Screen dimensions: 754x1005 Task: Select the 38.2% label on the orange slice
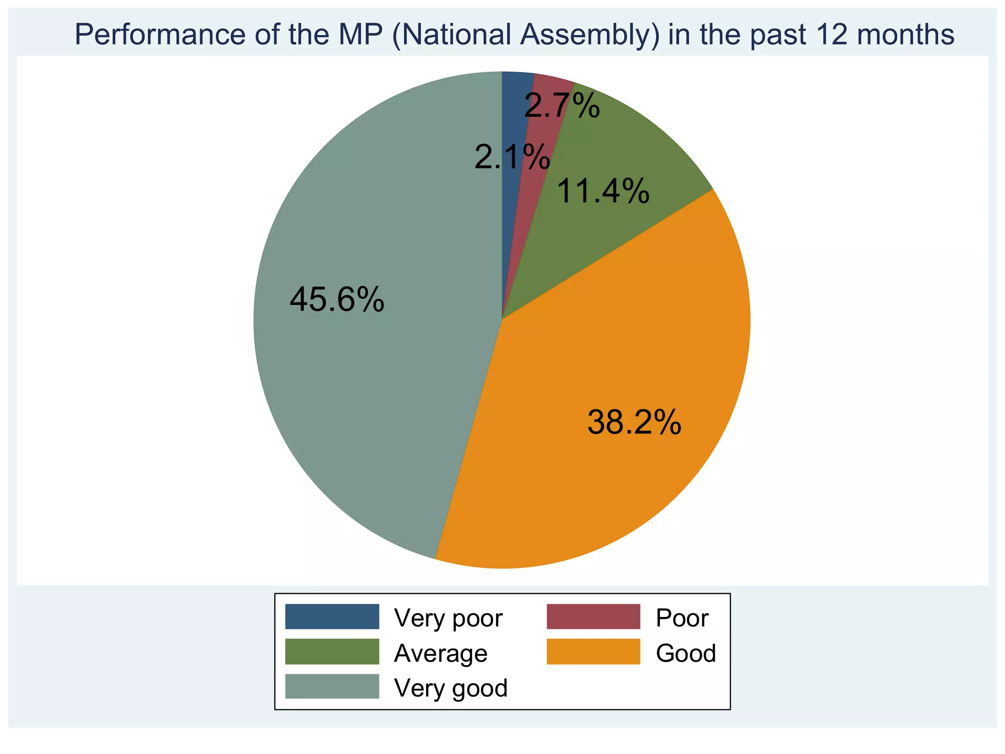634,422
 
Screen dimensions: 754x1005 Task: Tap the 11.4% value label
603,191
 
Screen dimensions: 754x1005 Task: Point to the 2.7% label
562,106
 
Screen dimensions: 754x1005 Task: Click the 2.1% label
512,158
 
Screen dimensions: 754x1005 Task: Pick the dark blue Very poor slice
513,118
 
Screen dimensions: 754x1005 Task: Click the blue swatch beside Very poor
332,617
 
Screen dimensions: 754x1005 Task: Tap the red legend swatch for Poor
593,617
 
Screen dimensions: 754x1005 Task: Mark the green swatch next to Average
332,652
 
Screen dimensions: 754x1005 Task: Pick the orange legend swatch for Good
593,652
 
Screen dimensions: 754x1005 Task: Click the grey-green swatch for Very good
332,686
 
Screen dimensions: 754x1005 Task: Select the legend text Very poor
449,618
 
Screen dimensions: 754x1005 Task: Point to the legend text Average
441,653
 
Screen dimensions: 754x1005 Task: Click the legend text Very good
451,688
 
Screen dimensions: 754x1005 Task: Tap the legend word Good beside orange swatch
686,653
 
